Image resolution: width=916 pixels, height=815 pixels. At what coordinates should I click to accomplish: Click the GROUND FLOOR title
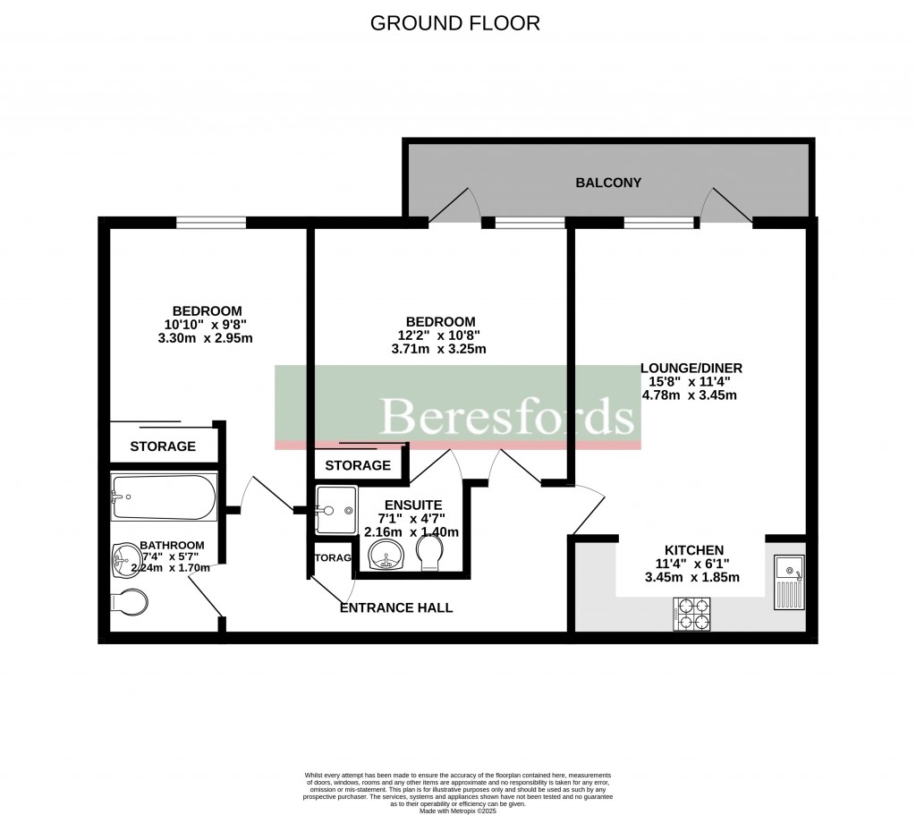(455, 23)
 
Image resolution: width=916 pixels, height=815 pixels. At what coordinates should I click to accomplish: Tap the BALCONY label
(608, 183)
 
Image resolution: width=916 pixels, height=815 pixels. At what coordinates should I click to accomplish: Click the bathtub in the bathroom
(164, 497)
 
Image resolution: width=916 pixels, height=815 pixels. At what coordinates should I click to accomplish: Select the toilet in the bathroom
(129, 602)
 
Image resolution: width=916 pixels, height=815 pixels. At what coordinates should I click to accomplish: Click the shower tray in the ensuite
(335, 510)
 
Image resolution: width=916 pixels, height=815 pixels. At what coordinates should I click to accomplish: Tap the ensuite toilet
(430, 552)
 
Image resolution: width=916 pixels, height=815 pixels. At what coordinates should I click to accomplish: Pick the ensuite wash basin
(386, 554)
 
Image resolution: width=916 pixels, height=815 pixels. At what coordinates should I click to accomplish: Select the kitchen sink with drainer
(789, 582)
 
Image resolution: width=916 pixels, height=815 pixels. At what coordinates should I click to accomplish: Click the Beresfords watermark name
(507, 417)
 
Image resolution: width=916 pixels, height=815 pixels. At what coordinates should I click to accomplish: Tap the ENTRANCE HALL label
(396, 608)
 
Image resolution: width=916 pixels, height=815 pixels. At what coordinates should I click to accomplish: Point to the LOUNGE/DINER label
(691, 367)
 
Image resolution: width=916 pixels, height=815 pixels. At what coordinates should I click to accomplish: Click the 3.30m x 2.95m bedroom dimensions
(203, 338)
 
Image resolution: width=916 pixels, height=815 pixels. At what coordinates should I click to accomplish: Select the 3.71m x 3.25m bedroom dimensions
(440, 349)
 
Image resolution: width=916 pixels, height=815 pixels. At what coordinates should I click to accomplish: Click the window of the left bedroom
(211, 223)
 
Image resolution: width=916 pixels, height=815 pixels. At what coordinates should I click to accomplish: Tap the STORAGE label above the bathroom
(163, 446)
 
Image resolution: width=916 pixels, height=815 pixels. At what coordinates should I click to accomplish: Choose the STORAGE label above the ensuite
(358, 465)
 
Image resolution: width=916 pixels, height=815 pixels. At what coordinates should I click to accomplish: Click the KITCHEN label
(693, 549)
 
